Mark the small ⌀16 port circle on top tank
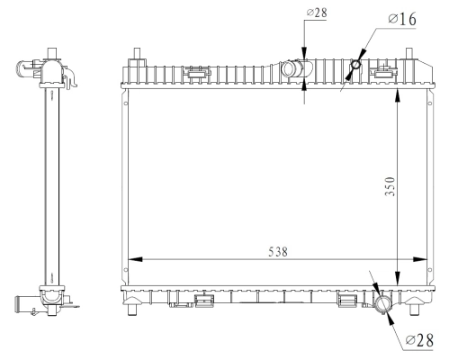tap(357, 65)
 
